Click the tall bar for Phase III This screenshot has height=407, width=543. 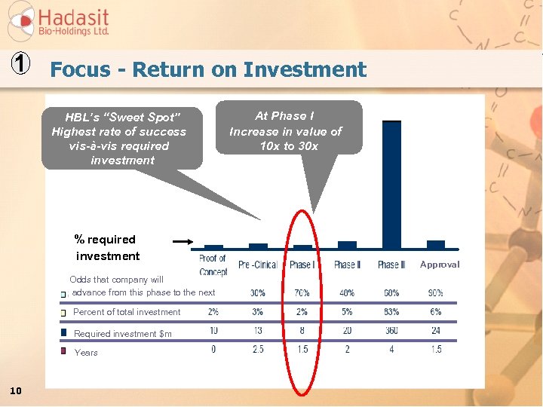pyautogui.click(x=391, y=185)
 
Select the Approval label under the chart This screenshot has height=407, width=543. pyautogui.click(x=440, y=265)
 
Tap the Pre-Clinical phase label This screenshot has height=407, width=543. pyautogui.click(x=258, y=265)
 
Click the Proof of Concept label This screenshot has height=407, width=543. pyautogui.click(x=213, y=265)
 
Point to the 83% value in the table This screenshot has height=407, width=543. pyautogui.click(x=391, y=312)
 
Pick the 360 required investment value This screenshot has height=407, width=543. pyautogui.click(x=391, y=331)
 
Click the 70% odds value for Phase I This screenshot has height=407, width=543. pyautogui.click(x=302, y=293)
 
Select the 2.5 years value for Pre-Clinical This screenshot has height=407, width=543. pyautogui.click(x=258, y=350)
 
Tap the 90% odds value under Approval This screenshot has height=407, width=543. pyautogui.click(x=436, y=293)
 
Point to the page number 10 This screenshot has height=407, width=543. pyautogui.click(x=16, y=390)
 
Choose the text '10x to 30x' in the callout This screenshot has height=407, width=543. pyautogui.click(x=289, y=146)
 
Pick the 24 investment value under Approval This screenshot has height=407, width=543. pyautogui.click(x=436, y=331)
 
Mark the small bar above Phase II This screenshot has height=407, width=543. pyautogui.click(x=347, y=245)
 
